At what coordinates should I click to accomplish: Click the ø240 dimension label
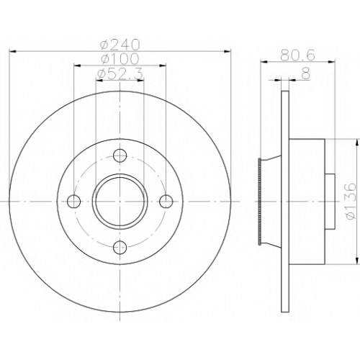[x=120, y=44]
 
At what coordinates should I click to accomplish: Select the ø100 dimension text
[x=120, y=58]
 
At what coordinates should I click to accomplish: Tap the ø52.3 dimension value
[x=120, y=73]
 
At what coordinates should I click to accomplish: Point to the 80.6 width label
[x=297, y=55]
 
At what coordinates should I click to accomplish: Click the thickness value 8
[x=306, y=73]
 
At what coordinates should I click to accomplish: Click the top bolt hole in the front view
[x=120, y=156]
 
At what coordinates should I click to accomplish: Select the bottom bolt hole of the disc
[x=120, y=247]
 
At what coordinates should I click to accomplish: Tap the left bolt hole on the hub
[x=73, y=201]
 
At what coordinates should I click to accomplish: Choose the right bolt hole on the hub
[x=166, y=201]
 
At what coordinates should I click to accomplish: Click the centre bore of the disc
[x=120, y=202]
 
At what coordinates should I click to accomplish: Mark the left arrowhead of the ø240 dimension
[x=12, y=51]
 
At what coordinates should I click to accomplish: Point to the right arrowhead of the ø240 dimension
[x=227, y=51]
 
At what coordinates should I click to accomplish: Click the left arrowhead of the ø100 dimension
[x=77, y=65]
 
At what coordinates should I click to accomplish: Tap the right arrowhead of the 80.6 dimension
[x=331, y=62]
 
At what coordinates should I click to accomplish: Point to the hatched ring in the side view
[x=259, y=202]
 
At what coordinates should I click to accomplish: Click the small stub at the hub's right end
[x=330, y=202]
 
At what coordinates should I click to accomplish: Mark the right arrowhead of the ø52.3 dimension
[x=140, y=81]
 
